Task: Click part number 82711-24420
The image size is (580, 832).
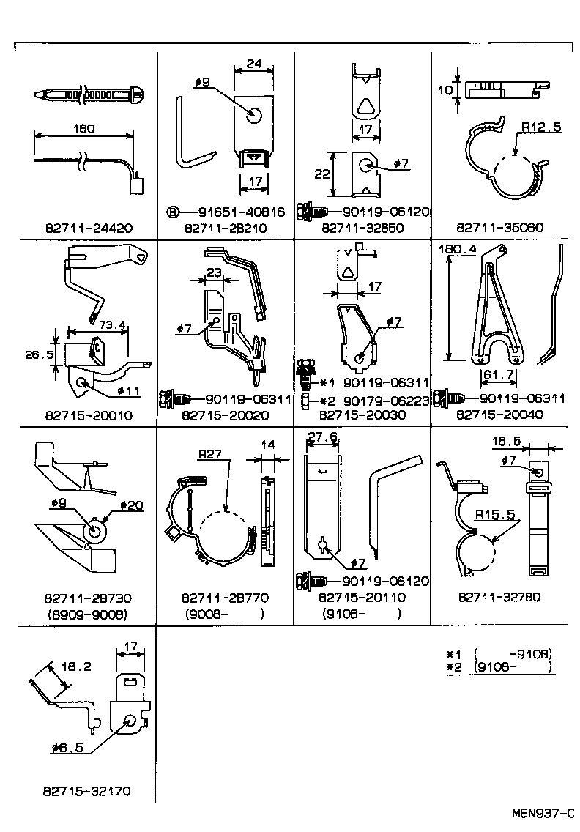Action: point(87,228)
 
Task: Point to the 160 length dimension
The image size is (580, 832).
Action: point(83,129)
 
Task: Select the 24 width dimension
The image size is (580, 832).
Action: point(253,64)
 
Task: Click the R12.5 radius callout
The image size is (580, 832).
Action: point(541,127)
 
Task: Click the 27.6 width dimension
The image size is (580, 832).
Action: point(322,437)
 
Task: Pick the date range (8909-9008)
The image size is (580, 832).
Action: point(87,614)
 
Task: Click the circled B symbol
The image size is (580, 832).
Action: point(173,212)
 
